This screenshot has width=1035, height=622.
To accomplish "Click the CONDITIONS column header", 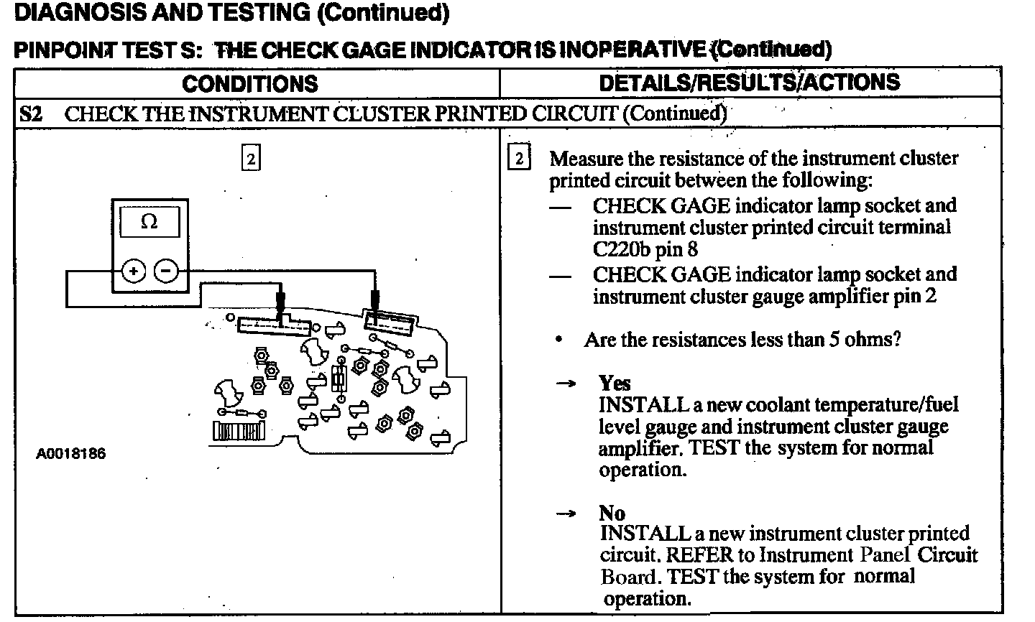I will pos(249,83).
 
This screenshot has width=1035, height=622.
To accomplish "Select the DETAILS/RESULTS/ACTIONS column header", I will pos(749,82).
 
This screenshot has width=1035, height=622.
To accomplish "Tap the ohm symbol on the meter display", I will pos(149,222).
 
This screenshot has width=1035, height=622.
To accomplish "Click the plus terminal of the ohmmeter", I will pos(134,271).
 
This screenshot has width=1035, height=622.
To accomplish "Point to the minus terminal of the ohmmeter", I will pos(166,271).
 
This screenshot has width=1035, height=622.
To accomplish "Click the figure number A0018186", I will pos(71,454).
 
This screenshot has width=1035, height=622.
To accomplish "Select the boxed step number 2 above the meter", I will pos(250,159).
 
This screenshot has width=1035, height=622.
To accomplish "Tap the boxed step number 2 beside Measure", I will pos(519,158).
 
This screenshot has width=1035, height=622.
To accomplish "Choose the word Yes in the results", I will pos(615,383).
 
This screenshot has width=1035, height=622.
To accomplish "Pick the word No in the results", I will pos(612,513).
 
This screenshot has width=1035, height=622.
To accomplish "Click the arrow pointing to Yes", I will pos(566,384).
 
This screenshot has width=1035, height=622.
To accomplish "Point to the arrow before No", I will pos(566,514).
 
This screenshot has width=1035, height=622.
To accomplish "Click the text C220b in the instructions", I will pos(622,249).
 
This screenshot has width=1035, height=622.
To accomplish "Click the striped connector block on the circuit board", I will pos(239,431).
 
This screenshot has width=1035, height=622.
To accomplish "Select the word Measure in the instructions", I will pos(586,158).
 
